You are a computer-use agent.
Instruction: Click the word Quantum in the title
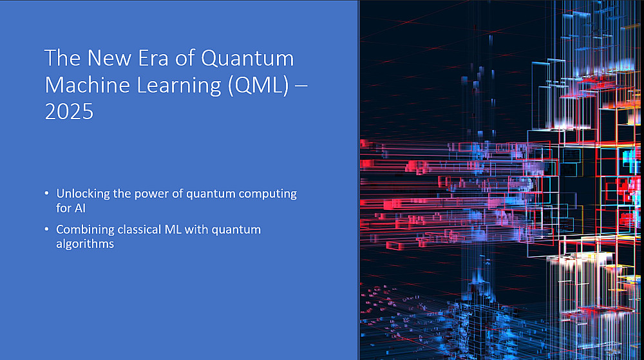(247, 58)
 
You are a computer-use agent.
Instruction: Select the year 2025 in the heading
(69, 111)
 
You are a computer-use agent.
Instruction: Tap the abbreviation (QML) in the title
(259, 85)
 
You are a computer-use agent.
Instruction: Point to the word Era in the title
(153, 58)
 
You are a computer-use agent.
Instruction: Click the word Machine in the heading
(88, 85)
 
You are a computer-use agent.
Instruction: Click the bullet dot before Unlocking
(47, 193)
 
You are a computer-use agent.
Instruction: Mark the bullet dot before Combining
(47, 229)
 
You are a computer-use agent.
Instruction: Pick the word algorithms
(85, 244)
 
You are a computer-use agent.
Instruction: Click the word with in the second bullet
(196, 229)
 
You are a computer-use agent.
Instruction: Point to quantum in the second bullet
(236, 230)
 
